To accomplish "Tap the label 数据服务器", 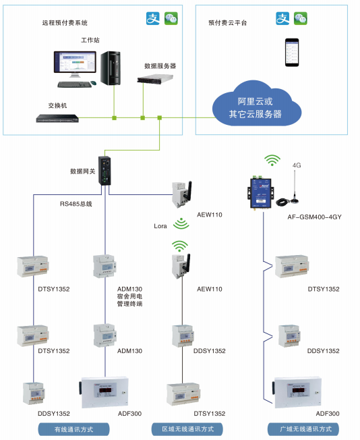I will [x=160, y=66].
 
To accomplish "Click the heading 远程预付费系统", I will [x=65, y=22].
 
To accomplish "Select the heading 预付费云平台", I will [x=227, y=22].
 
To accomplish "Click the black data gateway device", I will [x=106, y=171].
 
